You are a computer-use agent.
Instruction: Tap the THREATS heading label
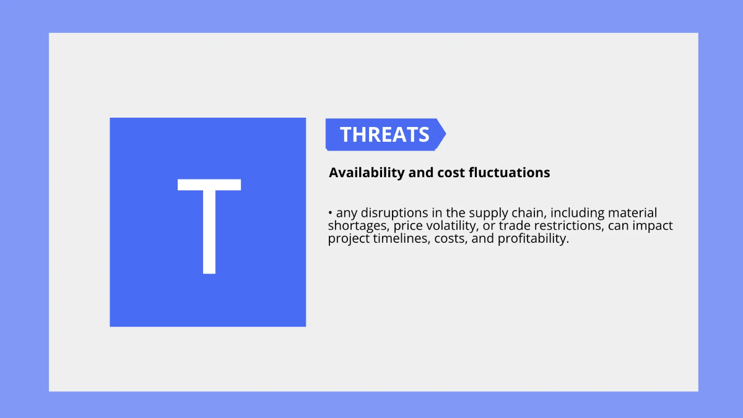(385, 134)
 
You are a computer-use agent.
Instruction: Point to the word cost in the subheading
(454, 173)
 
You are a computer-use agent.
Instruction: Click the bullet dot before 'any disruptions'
(331, 214)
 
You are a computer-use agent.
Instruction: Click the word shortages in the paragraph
(358, 226)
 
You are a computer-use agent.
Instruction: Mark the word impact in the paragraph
(653, 226)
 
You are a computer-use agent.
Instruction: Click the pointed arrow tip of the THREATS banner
(443, 134)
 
